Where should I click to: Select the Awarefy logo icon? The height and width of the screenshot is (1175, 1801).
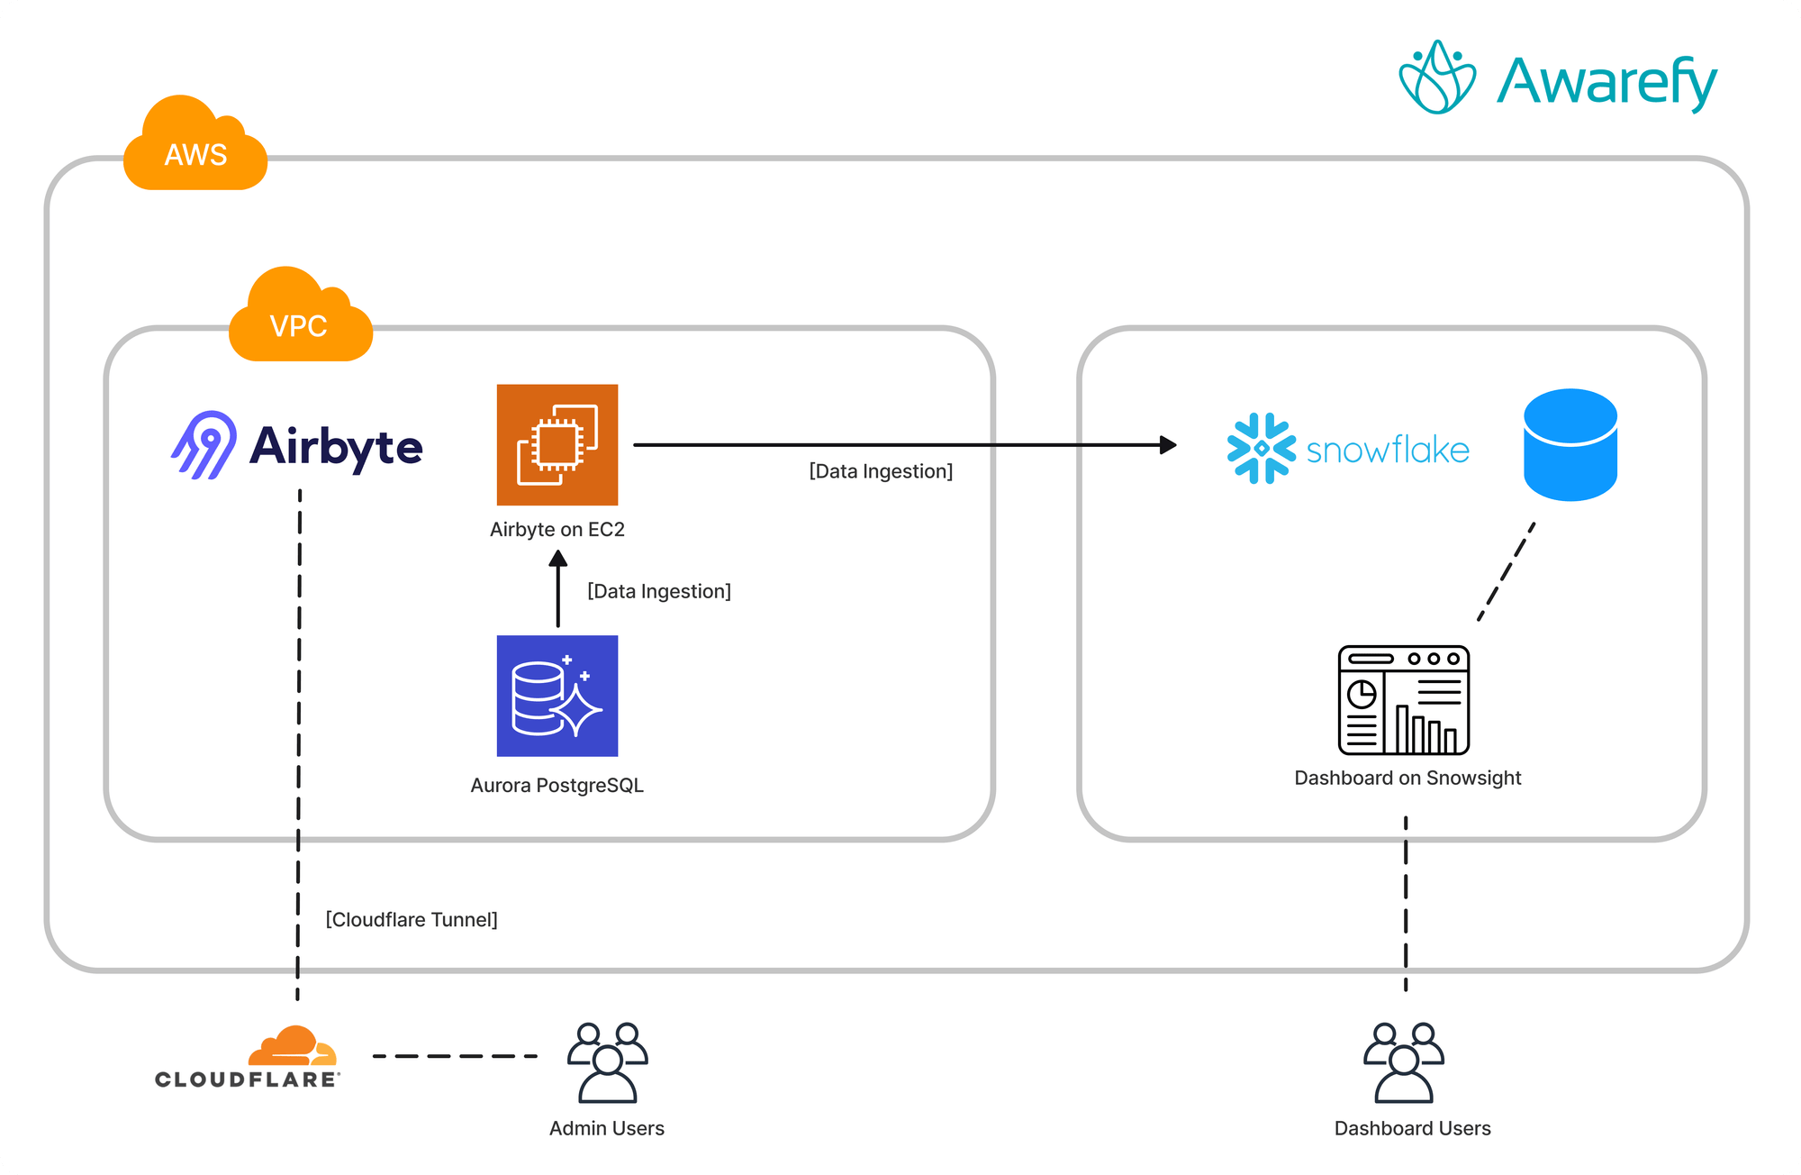[x=1437, y=78]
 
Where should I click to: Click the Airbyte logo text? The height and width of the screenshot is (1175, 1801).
[x=336, y=447]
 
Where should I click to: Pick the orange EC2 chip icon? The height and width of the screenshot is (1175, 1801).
[x=557, y=445]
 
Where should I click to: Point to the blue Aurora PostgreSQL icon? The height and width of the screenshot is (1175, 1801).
[x=557, y=696]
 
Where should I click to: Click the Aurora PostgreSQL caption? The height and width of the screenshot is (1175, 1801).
[x=557, y=785]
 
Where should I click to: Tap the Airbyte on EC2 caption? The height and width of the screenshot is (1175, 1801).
[x=557, y=530]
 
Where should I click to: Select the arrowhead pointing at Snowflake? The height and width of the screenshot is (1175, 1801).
[x=1168, y=445]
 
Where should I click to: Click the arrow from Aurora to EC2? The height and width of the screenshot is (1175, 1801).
[x=558, y=590]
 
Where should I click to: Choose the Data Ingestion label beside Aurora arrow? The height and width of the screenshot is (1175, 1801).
[x=659, y=591]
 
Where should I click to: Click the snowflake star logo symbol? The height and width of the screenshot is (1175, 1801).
[x=1261, y=448]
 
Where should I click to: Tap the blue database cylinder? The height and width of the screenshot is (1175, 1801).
[x=1570, y=445]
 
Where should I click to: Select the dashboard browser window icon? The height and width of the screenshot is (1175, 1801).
[x=1403, y=700]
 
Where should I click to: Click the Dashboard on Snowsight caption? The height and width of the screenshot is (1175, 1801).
[x=1407, y=778]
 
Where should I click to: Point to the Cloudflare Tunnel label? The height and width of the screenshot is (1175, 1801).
[x=412, y=919]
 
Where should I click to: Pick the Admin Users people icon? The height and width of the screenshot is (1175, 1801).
[x=607, y=1062]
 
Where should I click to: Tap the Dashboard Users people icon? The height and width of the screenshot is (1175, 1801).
[x=1403, y=1062]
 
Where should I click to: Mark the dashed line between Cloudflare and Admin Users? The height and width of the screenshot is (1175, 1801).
[x=455, y=1056]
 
